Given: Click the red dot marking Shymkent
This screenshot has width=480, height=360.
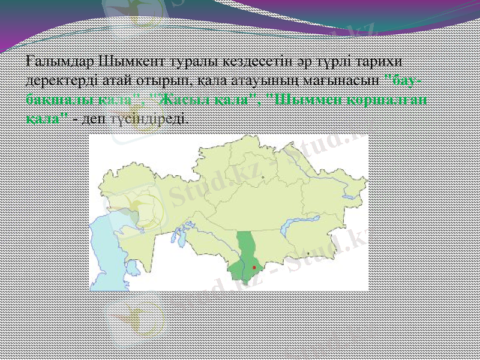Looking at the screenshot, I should pos(254,266).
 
